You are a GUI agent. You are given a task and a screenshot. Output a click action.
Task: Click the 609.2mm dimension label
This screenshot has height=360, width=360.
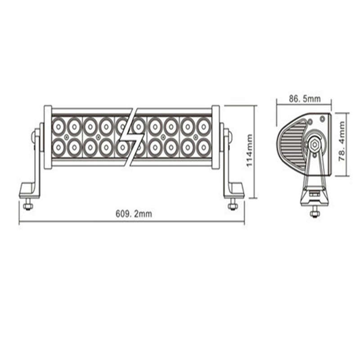click(134, 214)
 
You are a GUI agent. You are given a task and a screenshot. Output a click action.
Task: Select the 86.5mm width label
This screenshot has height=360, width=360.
click(305, 99)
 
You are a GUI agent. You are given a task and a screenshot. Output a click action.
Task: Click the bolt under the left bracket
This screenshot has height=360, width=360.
click(28, 206)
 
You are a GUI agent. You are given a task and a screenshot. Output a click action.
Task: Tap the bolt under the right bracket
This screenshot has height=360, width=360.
click(233, 206)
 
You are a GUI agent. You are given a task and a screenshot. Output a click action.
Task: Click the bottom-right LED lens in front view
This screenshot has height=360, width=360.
click(203, 147)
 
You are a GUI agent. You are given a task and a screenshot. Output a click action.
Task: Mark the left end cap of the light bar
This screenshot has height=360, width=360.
click(48, 137)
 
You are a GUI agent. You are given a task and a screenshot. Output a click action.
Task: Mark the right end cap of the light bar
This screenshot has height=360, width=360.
click(216, 137)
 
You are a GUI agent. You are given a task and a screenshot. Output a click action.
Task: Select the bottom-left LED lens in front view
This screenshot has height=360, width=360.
click(58, 147)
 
